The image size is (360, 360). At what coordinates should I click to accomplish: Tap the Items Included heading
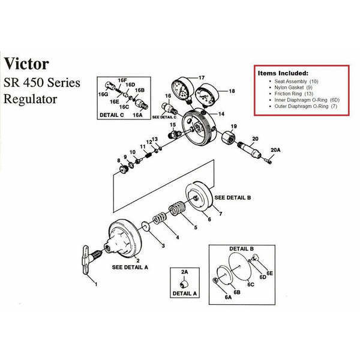tap(283, 72)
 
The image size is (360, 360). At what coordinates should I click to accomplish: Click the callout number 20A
tap(275, 149)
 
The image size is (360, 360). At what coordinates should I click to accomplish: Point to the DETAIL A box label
tap(184, 293)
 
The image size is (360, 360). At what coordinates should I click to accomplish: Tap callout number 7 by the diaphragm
tap(220, 214)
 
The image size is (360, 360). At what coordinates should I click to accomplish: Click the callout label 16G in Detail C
tap(103, 94)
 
